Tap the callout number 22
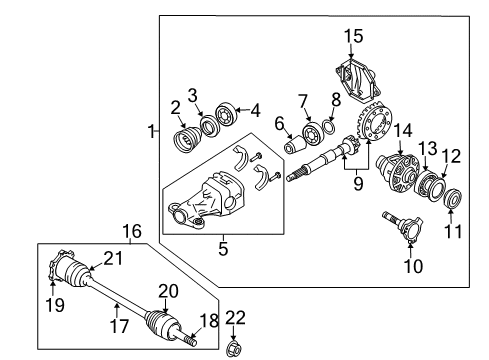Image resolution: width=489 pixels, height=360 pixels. click(234, 317)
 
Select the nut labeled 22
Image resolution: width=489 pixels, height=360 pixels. click(235, 349)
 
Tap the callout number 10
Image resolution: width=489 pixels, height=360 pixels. click(413, 267)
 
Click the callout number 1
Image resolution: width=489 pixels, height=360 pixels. click(152, 131)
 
